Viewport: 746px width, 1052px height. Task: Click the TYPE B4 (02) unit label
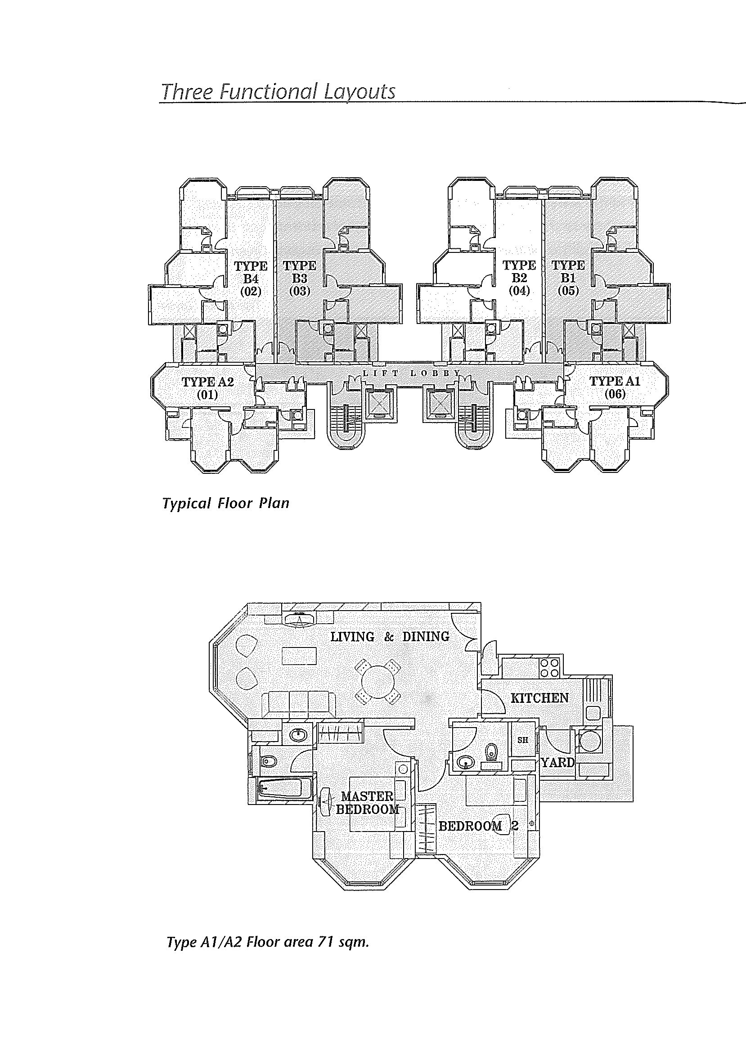[x=250, y=279]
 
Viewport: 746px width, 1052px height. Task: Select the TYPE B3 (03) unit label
[x=300, y=279]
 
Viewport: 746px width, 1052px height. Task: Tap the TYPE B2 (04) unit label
[x=519, y=278]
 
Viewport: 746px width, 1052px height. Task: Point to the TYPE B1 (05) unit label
[x=568, y=278]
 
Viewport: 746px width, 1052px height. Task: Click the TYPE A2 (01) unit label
[x=207, y=388]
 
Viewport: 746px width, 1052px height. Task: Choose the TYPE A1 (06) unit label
[x=615, y=387]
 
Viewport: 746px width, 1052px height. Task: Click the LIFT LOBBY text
[x=411, y=373]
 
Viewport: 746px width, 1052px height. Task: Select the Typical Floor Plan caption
[x=226, y=504]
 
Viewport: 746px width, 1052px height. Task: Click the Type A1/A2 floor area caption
[x=268, y=943]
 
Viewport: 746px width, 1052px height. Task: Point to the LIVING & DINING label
[x=390, y=637]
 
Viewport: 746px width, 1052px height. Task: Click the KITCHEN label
[x=540, y=698]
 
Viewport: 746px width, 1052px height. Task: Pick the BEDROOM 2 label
[x=478, y=826]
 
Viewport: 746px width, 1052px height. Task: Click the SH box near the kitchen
[x=523, y=740]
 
